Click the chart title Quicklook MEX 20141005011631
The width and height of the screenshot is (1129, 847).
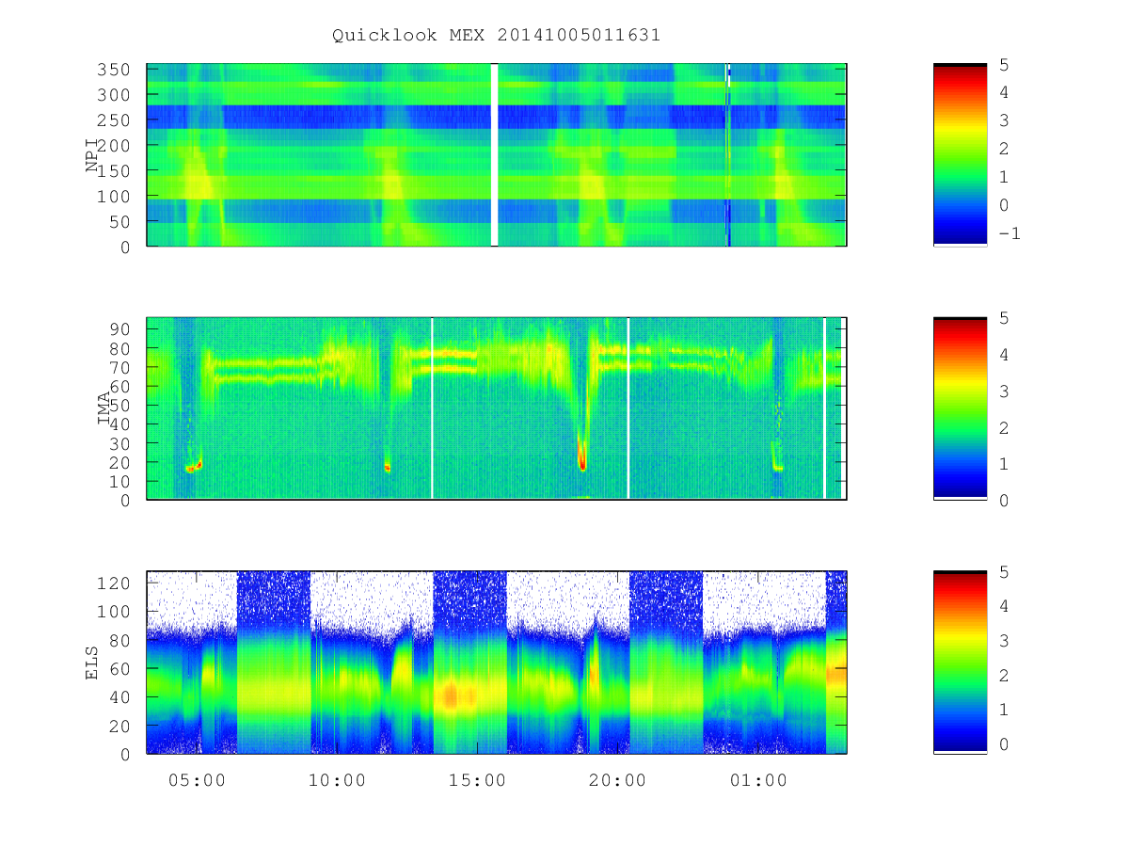(x=496, y=36)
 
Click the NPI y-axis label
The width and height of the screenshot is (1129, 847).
(x=92, y=155)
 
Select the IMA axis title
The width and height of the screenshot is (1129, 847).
(x=103, y=408)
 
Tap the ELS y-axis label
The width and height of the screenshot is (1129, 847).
(x=92, y=663)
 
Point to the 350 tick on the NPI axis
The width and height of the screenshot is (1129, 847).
(x=114, y=70)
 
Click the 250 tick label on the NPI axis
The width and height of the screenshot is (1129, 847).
(x=114, y=120)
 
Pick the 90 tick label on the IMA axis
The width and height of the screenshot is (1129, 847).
(x=119, y=329)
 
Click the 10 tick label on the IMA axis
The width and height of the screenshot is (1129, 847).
(x=119, y=482)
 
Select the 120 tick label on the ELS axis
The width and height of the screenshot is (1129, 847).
(x=114, y=583)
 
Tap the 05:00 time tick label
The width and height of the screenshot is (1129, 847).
(x=197, y=781)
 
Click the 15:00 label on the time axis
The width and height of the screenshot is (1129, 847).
(x=477, y=781)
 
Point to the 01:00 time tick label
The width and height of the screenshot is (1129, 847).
(x=758, y=781)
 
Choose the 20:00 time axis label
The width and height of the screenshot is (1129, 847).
(x=618, y=781)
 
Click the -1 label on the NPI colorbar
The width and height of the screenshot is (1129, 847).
(x=1010, y=234)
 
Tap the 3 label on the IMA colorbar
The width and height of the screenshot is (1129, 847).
(x=1004, y=392)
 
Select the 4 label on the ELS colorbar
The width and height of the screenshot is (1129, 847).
(x=1004, y=607)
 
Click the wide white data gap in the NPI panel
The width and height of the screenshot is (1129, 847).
(x=494, y=154)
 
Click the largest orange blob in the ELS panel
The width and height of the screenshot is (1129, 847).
(x=451, y=695)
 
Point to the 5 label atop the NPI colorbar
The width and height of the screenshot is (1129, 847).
(x=1004, y=65)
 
